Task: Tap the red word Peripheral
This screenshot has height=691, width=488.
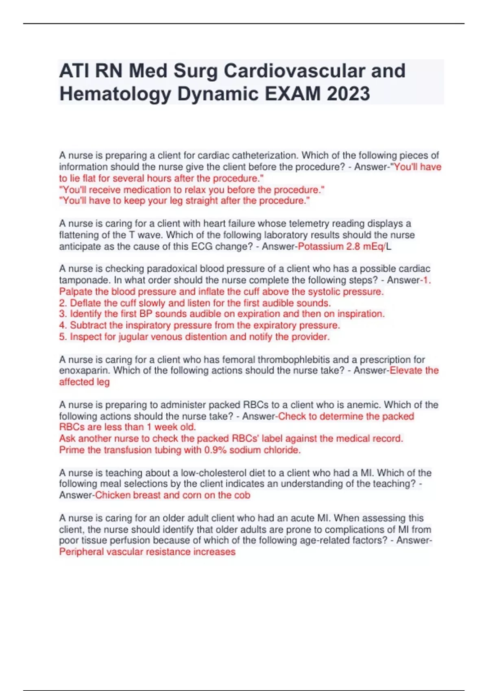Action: tap(81, 552)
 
